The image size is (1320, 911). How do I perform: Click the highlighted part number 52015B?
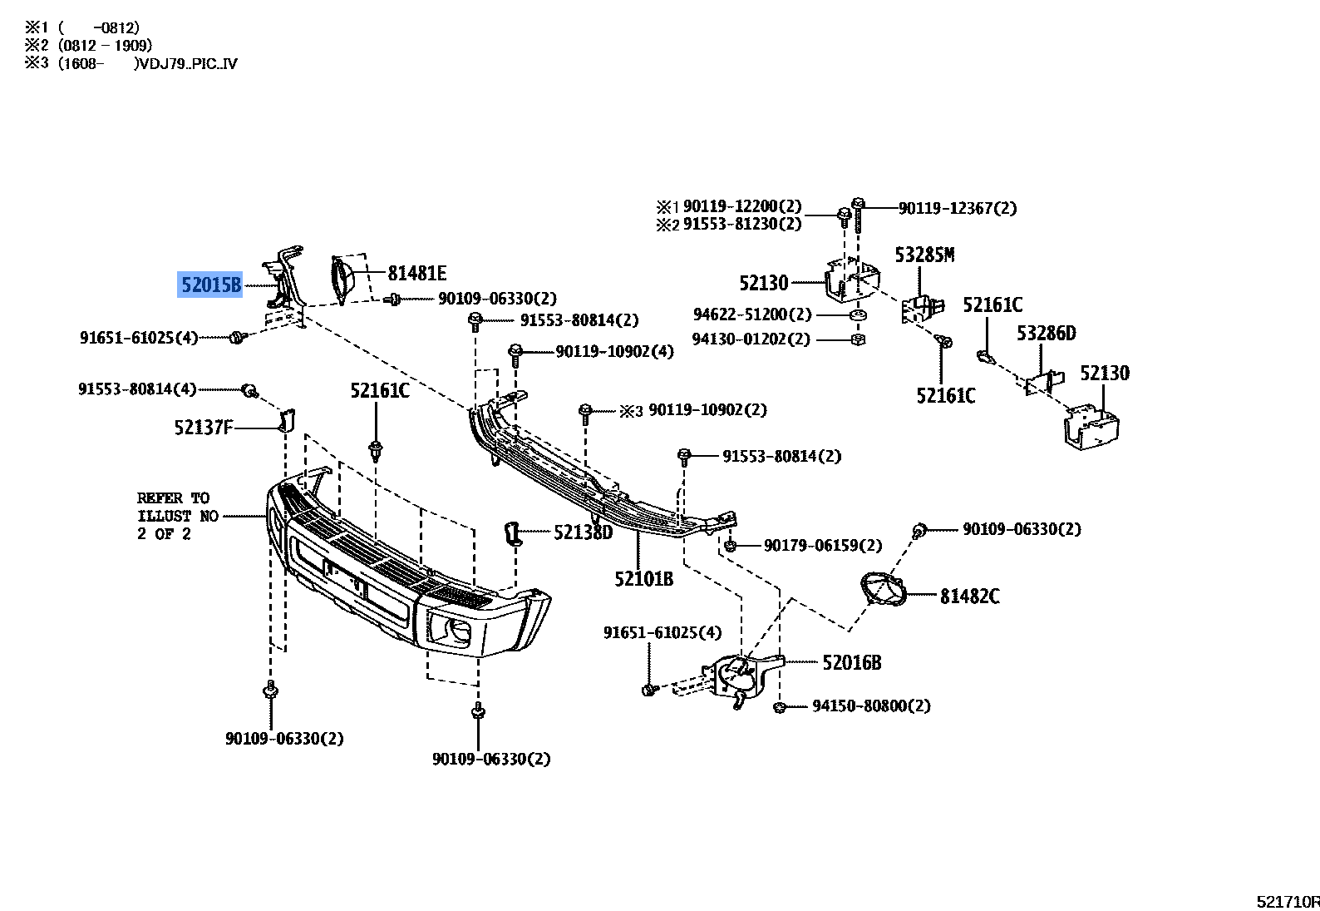(211, 285)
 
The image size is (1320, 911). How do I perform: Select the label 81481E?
(416, 273)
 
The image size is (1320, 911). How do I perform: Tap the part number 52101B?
(643, 578)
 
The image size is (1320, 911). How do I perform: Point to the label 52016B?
(851, 662)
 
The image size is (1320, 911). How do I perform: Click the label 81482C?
(969, 596)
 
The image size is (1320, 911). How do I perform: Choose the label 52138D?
(583, 532)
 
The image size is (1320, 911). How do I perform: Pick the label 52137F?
(204, 428)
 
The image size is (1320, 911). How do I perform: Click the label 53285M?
(924, 255)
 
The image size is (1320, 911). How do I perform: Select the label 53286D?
(1046, 334)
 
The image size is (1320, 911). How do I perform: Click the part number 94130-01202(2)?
(751, 339)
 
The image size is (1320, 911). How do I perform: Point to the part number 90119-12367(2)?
(957, 208)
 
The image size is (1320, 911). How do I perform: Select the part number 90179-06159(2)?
(823, 546)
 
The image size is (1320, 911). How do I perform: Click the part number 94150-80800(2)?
(871, 706)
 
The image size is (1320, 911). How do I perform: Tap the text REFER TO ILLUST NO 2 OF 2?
(177, 516)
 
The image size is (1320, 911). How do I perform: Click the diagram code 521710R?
(1288, 901)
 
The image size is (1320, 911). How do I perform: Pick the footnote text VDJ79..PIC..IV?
(190, 63)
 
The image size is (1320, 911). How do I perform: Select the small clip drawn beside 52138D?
(513, 532)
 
